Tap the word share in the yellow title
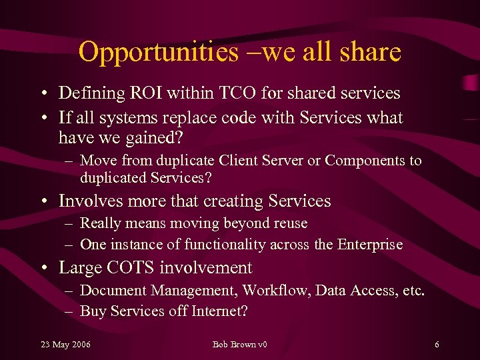coord(369,52)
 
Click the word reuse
coord(287,223)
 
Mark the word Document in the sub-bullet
coord(113,290)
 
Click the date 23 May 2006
coord(66,345)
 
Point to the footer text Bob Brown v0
coord(239,345)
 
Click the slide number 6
coord(437,345)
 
